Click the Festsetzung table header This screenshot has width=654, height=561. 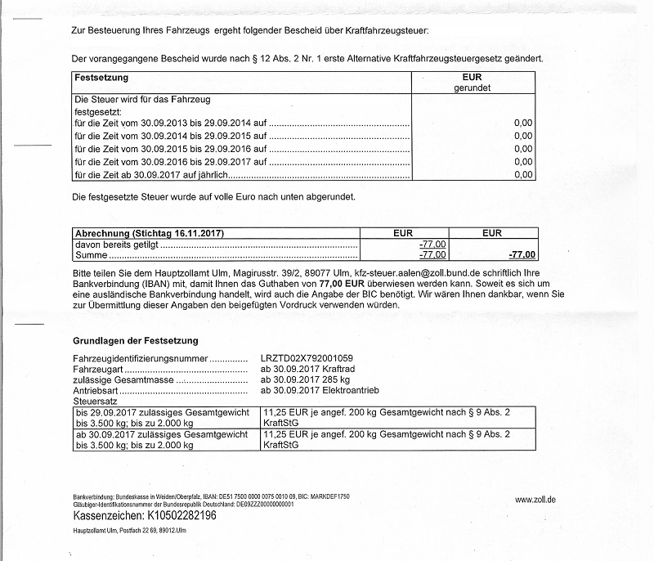coord(101,78)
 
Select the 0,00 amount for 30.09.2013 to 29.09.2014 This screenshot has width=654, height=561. coord(522,123)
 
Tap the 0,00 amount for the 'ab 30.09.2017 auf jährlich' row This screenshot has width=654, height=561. coord(522,174)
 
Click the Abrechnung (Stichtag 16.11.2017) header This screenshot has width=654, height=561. coord(150,233)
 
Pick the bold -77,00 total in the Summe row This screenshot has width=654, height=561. coord(522,255)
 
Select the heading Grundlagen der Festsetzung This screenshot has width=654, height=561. coord(136,340)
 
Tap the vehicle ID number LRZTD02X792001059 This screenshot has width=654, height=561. coord(307,358)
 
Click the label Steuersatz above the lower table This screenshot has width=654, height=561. coord(95,402)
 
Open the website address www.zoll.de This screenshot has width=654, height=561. coord(536,499)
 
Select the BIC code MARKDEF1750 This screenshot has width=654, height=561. coord(331,497)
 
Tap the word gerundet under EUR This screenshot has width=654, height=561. coord(473,88)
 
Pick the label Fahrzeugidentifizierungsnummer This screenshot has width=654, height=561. coord(143,358)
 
